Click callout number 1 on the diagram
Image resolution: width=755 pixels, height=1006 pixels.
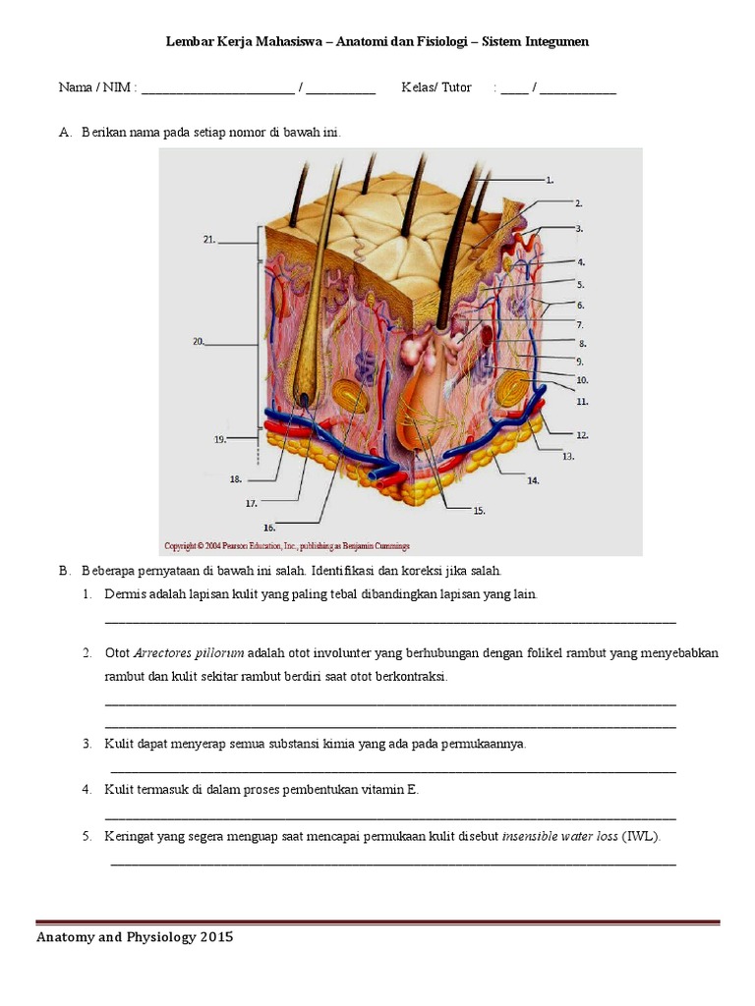click(x=550, y=180)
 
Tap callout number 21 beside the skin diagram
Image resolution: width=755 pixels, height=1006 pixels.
click(x=209, y=239)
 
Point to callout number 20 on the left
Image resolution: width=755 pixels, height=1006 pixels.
click(x=199, y=342)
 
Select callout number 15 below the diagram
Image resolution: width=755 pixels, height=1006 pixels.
click(x=479, y=511)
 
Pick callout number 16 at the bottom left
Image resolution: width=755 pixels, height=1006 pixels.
click(x=268, y=528)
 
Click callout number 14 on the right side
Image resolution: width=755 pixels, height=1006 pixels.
click(x=532, y=480)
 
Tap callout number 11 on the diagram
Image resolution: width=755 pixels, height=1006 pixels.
click(x=582, y=401)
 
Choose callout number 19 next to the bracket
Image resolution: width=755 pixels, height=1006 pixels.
click(x=220, y=440)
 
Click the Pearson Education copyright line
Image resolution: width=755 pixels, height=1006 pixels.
click(x=286, y=545)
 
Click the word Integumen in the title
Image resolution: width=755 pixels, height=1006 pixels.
click(x=558, y=42)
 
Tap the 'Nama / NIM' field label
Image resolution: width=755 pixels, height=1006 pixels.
click(x=95, y=87)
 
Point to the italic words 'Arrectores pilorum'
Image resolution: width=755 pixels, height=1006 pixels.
click(x=189, y=653)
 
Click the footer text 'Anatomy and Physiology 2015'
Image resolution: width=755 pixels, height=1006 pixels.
click(x=135, y=937)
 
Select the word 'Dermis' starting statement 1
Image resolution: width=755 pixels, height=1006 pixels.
click(x=125, y=595)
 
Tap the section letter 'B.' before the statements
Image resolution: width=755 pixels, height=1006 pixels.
click(x=65, y=570)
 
